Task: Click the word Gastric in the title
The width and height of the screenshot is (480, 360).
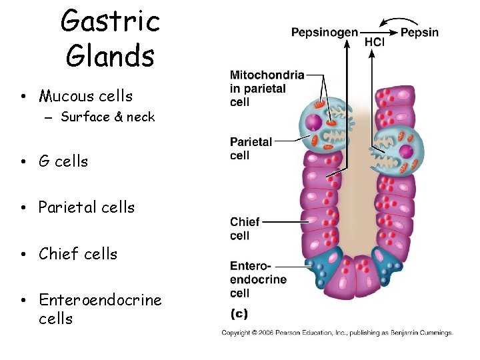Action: point(110,21)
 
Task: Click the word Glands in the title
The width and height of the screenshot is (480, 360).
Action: point(110,55)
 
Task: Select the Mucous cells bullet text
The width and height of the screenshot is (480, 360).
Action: point(85,97)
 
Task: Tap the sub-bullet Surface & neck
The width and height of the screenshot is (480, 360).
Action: point(107,117)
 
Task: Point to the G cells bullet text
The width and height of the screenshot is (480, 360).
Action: point(63,161)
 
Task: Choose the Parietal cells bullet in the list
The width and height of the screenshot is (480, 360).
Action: point(86,207)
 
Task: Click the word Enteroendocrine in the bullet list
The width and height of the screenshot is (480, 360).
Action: point(100,300)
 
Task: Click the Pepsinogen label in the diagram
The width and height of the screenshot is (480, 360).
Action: point(324,33)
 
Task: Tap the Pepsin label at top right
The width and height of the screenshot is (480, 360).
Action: point(419,33)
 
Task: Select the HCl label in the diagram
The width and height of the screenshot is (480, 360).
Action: point(374,42)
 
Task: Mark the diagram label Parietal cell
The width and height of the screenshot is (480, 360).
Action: point(251,149)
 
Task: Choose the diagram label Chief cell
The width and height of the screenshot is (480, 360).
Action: point(245,229)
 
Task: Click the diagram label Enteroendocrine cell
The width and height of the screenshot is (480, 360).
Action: point(258,279)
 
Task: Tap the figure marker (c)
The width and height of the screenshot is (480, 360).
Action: point(240,313)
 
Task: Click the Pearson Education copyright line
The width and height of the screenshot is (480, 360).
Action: point(337,333)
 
